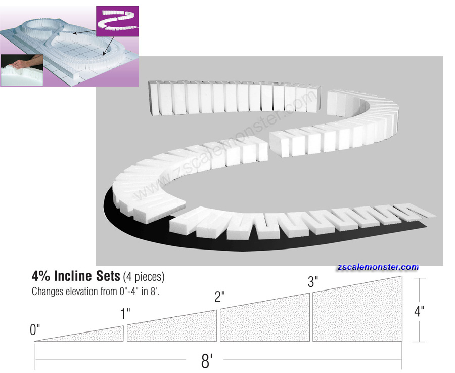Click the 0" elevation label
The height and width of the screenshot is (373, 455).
35,330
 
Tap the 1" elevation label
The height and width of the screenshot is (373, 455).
125,314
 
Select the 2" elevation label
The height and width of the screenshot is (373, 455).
219,297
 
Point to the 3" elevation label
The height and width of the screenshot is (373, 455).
313,281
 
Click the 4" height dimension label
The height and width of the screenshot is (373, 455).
419,311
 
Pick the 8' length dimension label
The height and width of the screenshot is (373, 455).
207,361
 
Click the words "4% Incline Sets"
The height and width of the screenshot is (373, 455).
76,276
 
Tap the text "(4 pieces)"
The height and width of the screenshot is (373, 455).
144,276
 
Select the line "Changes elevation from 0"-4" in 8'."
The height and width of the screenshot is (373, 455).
96,291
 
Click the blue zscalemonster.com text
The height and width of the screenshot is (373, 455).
378,267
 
